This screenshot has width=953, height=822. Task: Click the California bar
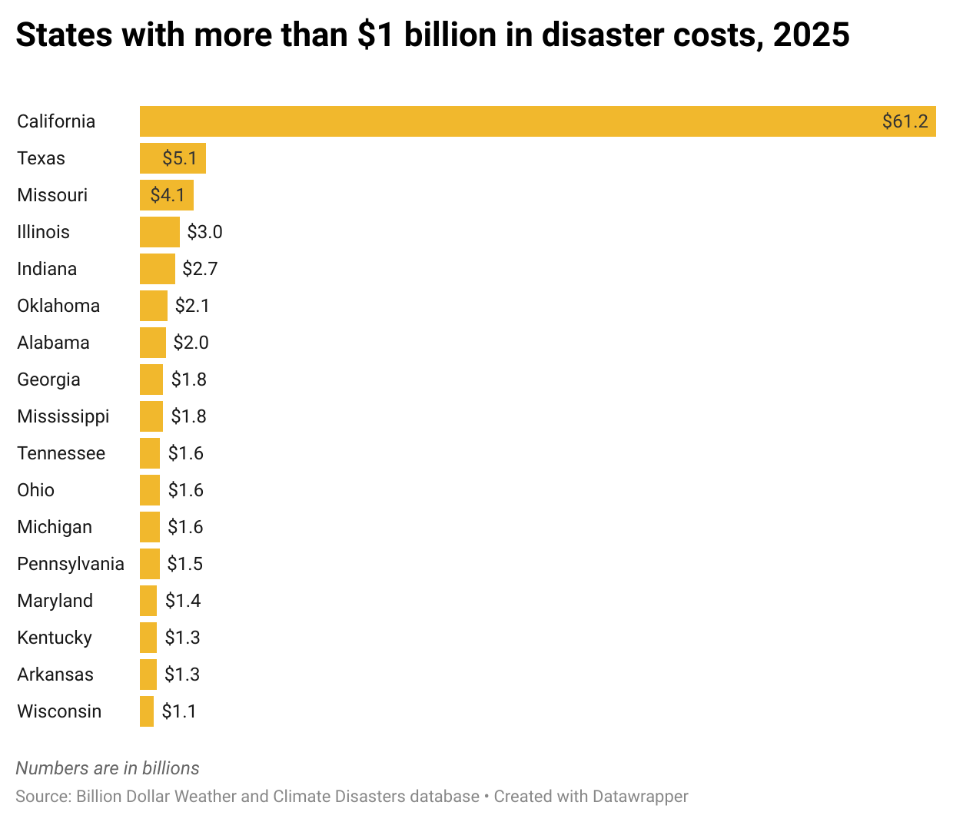[x=507, y=121]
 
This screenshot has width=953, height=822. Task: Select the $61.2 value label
[x=905, y=121]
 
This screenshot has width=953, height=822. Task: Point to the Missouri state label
[x=52, y=195]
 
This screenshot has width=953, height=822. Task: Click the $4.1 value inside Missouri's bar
[x=168, y=195]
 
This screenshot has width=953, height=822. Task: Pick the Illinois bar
[x=160, y=232]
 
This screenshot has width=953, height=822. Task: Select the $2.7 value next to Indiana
[x=200, y=269]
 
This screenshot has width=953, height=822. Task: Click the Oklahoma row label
[x=58, y=306]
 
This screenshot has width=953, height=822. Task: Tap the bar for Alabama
[x=153, y=343]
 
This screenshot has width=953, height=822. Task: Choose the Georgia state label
[x=48, y=380]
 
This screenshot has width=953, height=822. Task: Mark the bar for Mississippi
[x=151, y=416]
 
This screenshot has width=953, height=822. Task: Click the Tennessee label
[x=61, y=453]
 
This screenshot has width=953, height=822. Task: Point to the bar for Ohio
[x=150, y=490]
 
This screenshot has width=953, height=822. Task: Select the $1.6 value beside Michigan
[x=185, y=527]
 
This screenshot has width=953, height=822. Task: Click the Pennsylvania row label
[x=71, y=564]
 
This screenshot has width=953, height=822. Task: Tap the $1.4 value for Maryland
[x=183, y=601]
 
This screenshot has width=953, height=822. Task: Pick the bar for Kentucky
[x=148, y=638]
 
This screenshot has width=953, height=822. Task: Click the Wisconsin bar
[x=147, y=711]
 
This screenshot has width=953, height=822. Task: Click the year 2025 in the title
[x=811, y=35]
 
